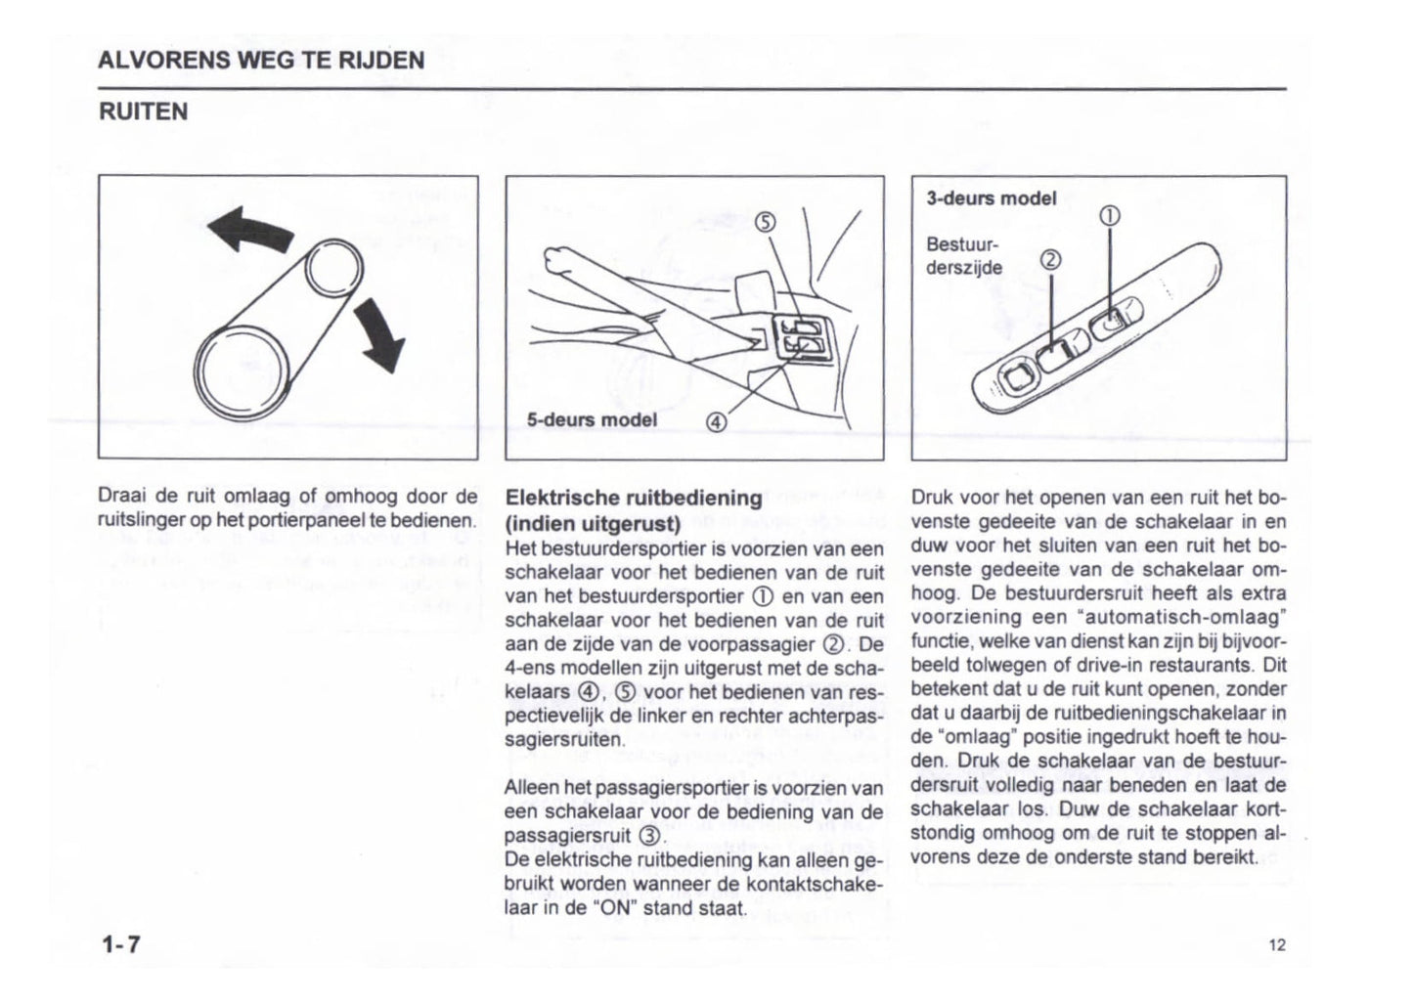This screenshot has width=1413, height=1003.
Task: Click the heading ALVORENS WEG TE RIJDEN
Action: [261, 61]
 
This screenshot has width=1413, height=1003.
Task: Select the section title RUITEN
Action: [143, 111]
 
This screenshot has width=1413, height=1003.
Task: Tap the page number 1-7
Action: [120, 944]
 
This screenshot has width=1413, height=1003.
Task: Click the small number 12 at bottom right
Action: [1276, 944]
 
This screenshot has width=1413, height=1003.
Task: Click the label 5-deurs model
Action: [592, 420]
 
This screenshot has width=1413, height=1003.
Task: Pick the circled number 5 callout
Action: [767, 222]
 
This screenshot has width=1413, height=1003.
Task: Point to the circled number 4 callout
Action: [716, 422]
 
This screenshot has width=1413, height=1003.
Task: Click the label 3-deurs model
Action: [992, 198]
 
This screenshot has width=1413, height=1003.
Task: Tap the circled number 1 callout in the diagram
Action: [1110, 216]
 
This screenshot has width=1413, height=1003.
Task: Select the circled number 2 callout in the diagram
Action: [1049, 260]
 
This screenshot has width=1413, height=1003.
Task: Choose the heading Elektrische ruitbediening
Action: [633, 498]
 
